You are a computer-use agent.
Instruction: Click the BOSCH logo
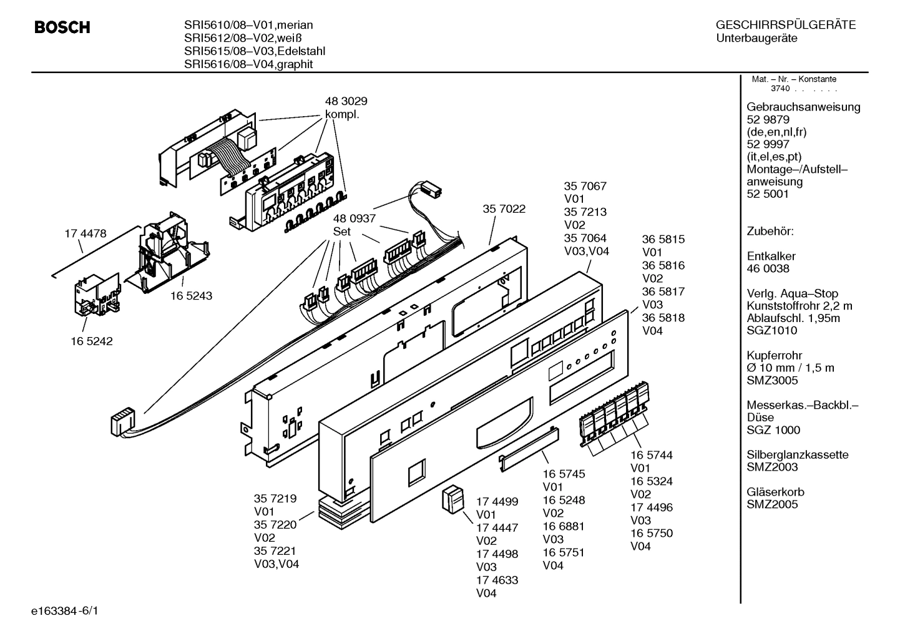click(62, 27)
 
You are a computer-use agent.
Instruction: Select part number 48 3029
click(346, 101)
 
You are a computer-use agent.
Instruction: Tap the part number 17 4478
click(86, 234)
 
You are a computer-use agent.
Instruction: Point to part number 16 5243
click(191, 296)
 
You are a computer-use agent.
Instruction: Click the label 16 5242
click(92, 341)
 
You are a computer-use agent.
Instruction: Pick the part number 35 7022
click(504, 209)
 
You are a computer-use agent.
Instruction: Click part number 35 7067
click(585, 186)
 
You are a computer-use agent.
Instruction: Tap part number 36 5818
click(663, 318)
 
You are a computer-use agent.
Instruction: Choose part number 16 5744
click(651, 456)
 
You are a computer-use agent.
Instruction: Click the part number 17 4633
click(497, 580)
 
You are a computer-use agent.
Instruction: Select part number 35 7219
click(275, 499)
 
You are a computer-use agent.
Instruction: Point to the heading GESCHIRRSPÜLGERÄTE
click(785, 26)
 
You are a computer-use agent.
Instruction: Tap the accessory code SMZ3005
click(772, 380)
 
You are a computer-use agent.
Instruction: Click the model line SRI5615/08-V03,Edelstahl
click(254, 51)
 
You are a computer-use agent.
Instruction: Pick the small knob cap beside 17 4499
click(454, 500)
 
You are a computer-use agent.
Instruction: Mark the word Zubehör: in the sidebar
click(770, 231)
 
